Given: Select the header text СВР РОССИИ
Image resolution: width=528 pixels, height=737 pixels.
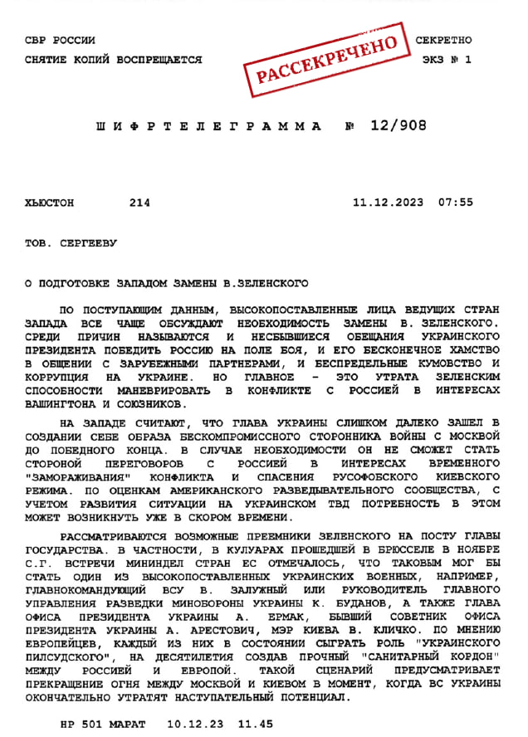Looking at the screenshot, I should click(61, 40).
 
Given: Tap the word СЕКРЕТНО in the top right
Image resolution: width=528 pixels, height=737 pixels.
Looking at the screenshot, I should click(443, 40).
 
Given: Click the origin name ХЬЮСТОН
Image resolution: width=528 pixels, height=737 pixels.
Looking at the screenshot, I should click(50, 202).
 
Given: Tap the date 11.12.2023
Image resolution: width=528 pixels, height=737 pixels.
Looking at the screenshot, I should click(388, 202).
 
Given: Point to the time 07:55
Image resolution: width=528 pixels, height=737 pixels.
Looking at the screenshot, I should click(456, 202).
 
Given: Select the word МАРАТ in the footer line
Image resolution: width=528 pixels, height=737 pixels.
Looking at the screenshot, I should click(132, 723).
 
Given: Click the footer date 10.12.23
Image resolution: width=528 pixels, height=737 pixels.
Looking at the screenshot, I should click(194, 723).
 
